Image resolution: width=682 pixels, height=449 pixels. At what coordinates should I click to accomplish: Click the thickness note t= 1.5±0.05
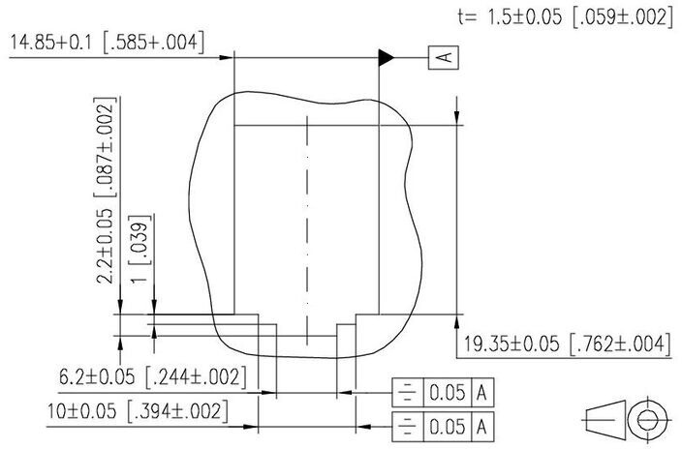tap(566, 17)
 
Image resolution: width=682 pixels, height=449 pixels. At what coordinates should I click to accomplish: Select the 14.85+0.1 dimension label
tap(107, 43)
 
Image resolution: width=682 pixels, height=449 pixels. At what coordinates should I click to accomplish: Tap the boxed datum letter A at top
tap(444, 57)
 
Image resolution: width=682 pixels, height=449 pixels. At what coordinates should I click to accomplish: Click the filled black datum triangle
tap(387, 57)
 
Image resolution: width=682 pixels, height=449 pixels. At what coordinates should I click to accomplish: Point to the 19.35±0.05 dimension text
tap(565, 344)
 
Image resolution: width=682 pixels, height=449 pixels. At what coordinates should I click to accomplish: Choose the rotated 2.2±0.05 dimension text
tap(106, 191)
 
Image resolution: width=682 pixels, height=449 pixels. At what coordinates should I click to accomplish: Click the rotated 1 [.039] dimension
tap(140, 249)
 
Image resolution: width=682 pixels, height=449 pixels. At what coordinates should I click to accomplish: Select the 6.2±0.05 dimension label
tap(153, 376)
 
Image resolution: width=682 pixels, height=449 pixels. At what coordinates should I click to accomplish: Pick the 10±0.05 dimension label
tap(138, 410)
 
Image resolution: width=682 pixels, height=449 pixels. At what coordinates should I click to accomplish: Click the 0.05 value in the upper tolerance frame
tap(448, 393)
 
